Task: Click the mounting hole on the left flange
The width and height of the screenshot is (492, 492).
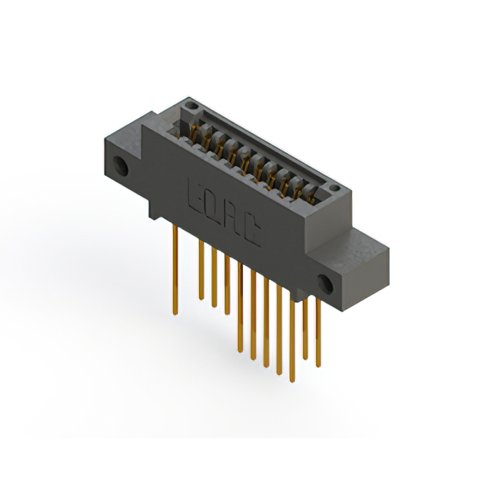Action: coord(121,166)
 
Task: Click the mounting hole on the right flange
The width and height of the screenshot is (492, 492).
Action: coord(325,284)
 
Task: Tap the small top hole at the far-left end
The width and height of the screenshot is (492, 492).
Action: coord(191,106)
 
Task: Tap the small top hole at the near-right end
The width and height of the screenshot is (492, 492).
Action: coord(335,188)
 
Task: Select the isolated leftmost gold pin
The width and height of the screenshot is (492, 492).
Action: coord(175,269)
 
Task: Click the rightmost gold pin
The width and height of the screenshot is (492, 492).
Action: coord(318,332)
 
